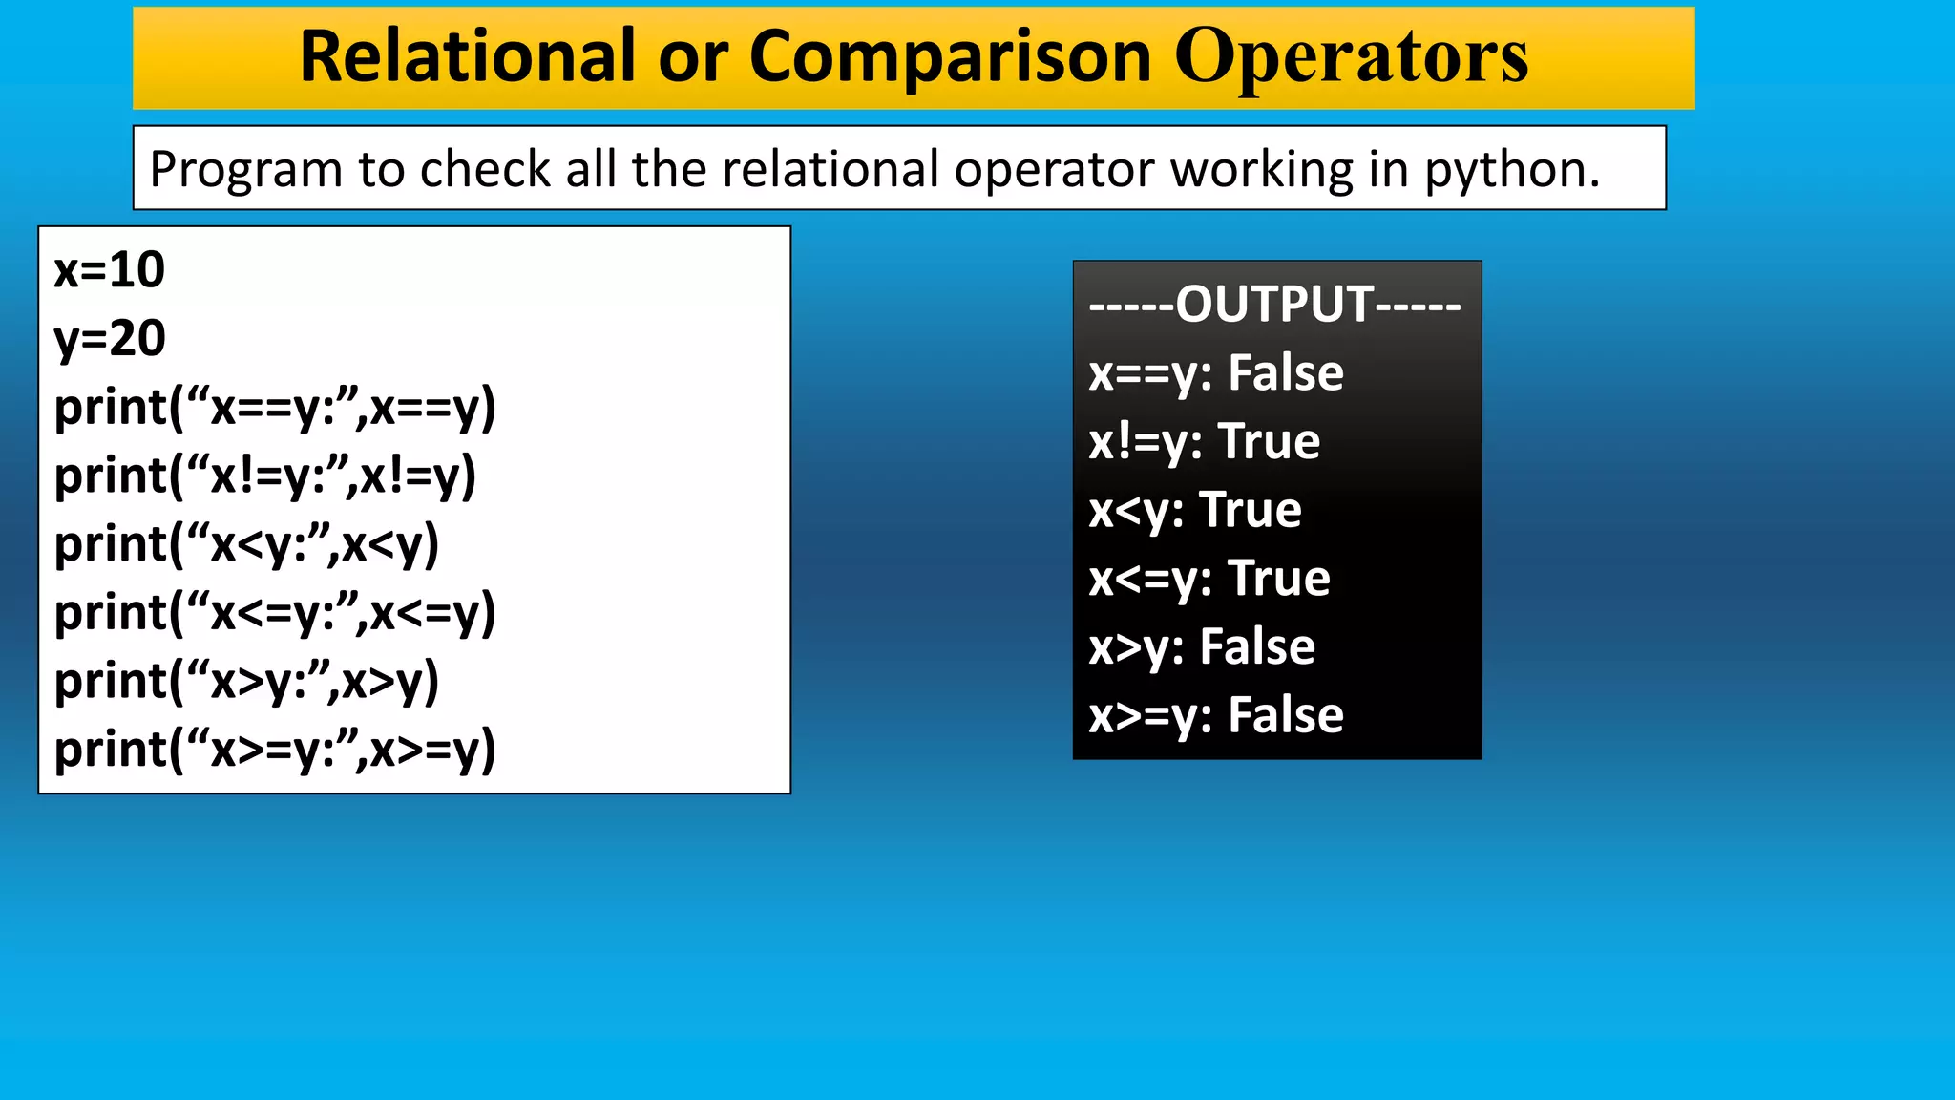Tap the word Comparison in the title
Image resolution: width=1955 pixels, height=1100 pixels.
[x=951, y=57]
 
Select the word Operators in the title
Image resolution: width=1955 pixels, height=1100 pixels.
[x=1351, y=57]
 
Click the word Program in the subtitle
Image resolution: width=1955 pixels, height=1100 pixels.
[x=245, y=170]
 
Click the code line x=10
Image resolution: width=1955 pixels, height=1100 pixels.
[x=109, y=270]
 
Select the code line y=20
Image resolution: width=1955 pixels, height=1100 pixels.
[x=110, y=339]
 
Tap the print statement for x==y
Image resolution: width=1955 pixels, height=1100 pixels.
[x=275, y=408]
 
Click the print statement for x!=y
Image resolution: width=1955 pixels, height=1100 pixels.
[x=264, y=476]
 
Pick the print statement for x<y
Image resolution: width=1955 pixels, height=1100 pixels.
[x=246, y=545]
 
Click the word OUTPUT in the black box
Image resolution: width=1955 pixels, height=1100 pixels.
[x=1274, y=305]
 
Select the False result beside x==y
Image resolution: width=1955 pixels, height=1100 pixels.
[x=1285, y=372]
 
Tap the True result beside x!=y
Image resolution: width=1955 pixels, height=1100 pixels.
[x=1270, y=441]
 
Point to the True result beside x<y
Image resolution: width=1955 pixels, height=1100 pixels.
[x=1251, y=510]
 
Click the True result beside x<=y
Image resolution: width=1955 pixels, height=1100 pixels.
[x=1279, y=579]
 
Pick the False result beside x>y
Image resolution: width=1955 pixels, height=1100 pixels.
[x=1257, y=647]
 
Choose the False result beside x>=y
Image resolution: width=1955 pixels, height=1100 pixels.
[x=1285, y=716]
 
